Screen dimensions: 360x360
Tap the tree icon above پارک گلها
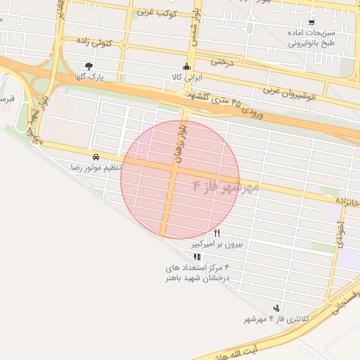(x=88, y=66)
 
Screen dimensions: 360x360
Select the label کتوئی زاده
(x=94, y=43)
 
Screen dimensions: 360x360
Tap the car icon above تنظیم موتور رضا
(x=95, y=156)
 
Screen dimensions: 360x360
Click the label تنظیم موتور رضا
(x=96, y=168)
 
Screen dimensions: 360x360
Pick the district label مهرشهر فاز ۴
(x=226, y=187)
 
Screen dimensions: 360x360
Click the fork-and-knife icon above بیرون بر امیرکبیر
(x=217, y=233)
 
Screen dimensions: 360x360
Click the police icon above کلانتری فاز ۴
(x=276, y=308)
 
